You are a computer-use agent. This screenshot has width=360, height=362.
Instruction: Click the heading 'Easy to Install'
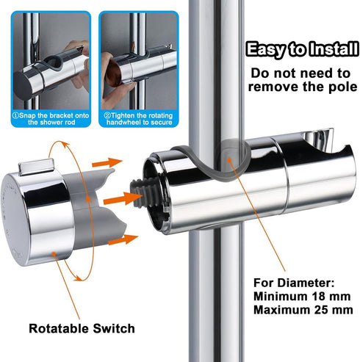tap(302, 50)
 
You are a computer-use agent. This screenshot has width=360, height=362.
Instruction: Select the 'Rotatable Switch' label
tap(82, 328)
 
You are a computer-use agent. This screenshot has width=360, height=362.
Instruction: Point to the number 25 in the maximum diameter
tap(323, 310)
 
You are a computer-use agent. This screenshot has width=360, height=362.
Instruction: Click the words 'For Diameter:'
tap(294, 283)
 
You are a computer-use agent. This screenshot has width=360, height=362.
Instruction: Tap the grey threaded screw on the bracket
tap(141, 194)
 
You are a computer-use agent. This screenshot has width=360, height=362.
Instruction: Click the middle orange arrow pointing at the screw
tap(123, 199)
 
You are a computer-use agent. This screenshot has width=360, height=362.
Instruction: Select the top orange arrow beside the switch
tap(107, 162)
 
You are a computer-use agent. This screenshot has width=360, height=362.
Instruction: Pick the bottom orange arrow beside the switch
tap(123, 239)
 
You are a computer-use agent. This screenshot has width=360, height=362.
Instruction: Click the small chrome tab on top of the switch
tap(36, 167)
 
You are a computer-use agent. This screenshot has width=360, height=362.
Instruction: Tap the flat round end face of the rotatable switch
tap(15, 220)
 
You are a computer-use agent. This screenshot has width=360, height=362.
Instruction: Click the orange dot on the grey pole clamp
tap(229, 160)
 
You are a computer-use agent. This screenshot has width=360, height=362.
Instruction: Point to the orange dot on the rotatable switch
tap(54, 255)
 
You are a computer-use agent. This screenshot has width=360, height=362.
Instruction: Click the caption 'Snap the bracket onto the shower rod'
tap(51, 119)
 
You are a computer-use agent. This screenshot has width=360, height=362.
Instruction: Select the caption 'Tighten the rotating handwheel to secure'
tap(138, 119)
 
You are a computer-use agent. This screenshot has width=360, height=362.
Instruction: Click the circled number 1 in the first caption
tap(15, 115)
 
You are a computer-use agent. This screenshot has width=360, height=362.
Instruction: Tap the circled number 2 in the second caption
tap(107, 115)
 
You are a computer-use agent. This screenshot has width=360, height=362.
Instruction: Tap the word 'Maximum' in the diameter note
tap(282, 310)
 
